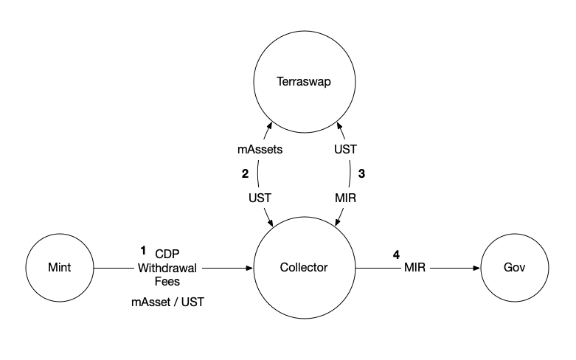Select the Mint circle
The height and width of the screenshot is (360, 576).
[x=58, y=268]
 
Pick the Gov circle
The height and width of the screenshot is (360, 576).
[x=514, y=268]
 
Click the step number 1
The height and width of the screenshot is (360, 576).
[x=144, y=250]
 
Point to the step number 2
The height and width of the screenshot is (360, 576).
[x=244, y=175]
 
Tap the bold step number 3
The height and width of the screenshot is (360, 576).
[x=361, y=175]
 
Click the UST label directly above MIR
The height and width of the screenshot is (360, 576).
[x=345, y=149]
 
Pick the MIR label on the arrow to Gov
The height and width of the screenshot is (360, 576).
[x=414, y=268]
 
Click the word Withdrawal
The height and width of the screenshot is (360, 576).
[x=167, y=268]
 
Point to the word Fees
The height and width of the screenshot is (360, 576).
[x=167, y=281]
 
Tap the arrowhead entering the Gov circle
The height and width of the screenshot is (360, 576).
[x=476, y=269]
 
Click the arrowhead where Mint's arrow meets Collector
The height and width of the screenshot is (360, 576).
[x=249, y=269]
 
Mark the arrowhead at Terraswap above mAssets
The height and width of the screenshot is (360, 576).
[x=271, y=126]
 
